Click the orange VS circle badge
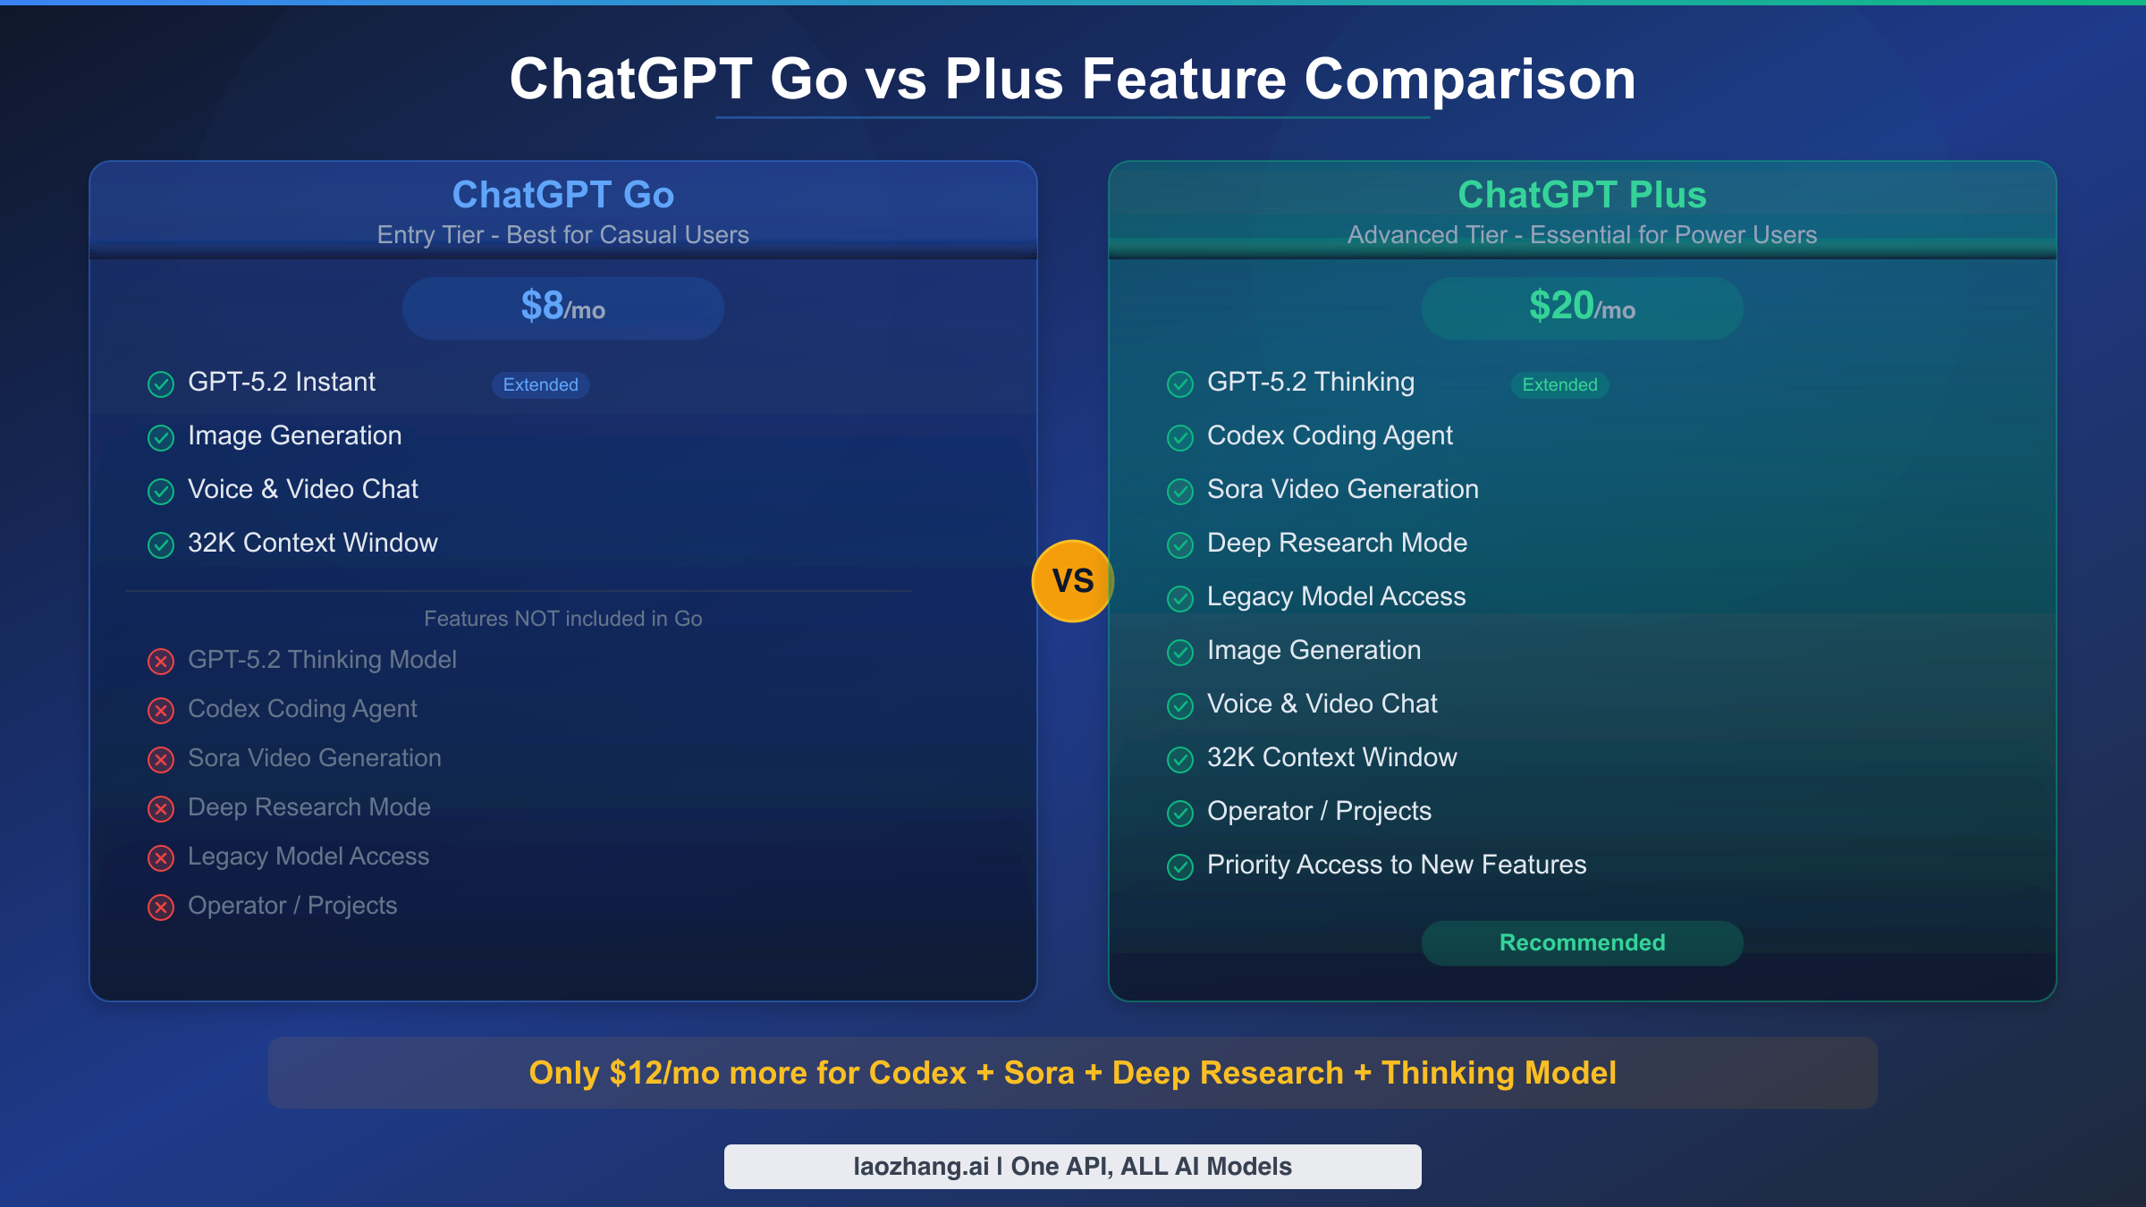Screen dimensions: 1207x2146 [x=1073, y=581]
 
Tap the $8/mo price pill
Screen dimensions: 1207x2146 [x=563, y=308]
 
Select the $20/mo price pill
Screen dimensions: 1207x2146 [x=1582, y=308]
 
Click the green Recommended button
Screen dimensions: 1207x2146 [x=1582, y=942]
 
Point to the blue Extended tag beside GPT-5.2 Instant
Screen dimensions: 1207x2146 [x=540, y=384]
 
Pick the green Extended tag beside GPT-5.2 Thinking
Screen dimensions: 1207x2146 [x=1559, y=384]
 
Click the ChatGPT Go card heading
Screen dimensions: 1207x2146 [x=563, y=195]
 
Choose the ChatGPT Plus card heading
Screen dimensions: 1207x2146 [x=1582, y=195]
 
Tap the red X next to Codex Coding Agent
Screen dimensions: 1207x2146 [x=161, y=711]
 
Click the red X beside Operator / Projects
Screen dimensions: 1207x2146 [x=161, y=907]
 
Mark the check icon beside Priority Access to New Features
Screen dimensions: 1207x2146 [x=1180, y=866]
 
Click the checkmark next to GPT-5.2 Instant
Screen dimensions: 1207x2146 [x=161, y=384]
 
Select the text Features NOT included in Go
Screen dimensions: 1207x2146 [x=563, y=619]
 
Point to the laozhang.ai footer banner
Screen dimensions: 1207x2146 [x=1072, y=1166]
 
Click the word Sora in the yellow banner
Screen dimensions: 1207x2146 [x=1039, y=1073]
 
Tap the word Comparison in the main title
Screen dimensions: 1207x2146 [x=1470, y=80]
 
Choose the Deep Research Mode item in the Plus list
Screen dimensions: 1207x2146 [x=1337, y=543]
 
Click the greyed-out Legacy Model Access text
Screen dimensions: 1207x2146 [x=308, y=857]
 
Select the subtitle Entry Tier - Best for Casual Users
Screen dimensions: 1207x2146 [x=563, y=235]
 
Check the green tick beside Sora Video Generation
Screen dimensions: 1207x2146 [x=1180, y=492]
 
